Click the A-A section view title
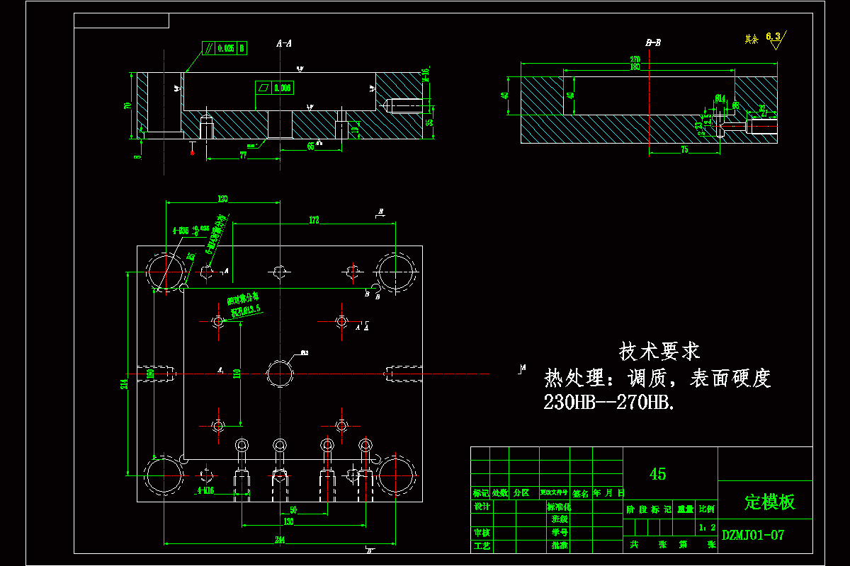pyautogui.click(x=284, y=44)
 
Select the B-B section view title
pyautogui.click(x=653, y=43)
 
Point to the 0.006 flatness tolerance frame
pyautogui.click(x=274, y=88)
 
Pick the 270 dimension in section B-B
pyautogui.click(x=635, y=60)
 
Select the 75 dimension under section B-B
pyautogui.click(x=684, y=150)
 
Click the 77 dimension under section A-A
pyautogui.click(x=243, y=154)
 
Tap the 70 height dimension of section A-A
pyautogui.click(x=128, y=105)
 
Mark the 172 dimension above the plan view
pyautogui.click(x=314, y=221)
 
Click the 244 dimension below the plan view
pyautogui.click(x=280, y=541)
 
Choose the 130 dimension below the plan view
pyautogui.click(x=288, y=522)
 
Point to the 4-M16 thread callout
pyautogui.click(x=205, y=490)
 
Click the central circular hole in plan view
pyautogui.click(x=280, y=372)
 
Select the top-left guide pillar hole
pyautogui.click(x=166, y=271)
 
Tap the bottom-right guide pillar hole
pyautogui.click(x=395, y=474)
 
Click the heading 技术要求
pyautogui.click(x=659, y=350)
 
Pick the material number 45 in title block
pyautogui.click(x=658, y=474)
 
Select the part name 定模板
pyautogui.click(x=769, y=502)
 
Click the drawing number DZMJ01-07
pyautogui.click(x=753, y=536)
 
